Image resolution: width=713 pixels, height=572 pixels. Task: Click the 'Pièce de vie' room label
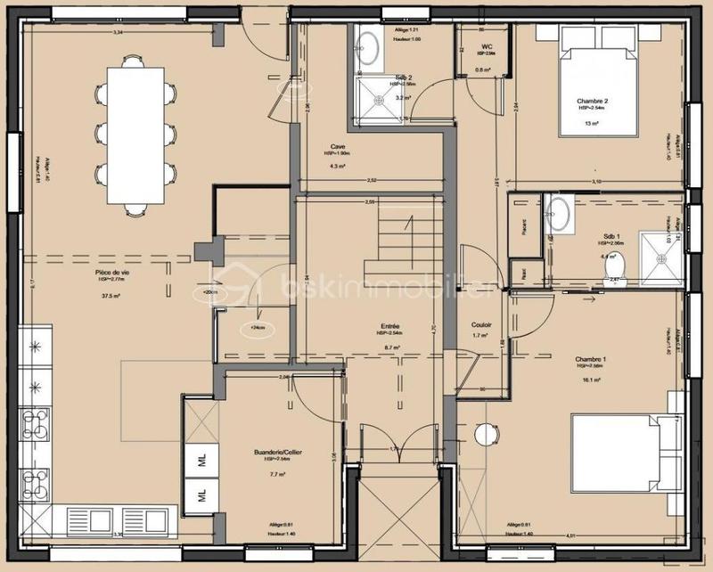coord(113,260)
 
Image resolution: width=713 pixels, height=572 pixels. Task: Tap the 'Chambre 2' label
coord(593,102)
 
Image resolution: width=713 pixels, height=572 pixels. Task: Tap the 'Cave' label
coord(338,146)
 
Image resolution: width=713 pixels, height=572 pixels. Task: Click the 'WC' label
coord(487,46)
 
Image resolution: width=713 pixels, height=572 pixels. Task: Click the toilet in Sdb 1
coord(624,266)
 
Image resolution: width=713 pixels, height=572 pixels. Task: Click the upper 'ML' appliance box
coord(202,462)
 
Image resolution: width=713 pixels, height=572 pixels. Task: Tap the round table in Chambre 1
coord(486,434)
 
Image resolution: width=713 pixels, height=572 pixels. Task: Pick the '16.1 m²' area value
coord(592,380)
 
